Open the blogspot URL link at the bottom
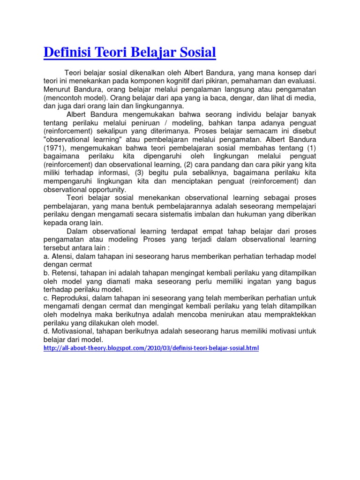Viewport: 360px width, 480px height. pos(151,348)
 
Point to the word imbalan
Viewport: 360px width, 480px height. pos(237,214)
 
